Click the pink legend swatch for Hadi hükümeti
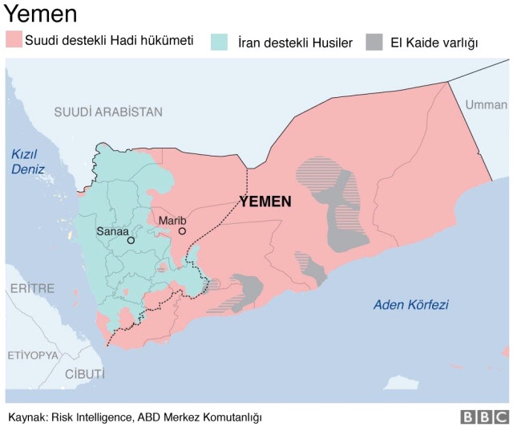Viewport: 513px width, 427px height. point(14,39)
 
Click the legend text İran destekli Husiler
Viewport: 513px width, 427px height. point(295,42)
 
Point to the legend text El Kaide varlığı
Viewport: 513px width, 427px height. point(434,42)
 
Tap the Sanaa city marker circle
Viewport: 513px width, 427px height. point(131,240)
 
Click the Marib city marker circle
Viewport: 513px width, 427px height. point(183,231)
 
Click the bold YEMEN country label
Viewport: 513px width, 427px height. point(265,201)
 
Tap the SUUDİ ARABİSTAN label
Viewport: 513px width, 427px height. point(107,112)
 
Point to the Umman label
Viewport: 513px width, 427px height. point(486,104)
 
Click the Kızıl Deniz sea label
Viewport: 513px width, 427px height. point(28,161)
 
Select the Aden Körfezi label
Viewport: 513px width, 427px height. point(410,305)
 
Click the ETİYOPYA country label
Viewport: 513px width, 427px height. point(33,354)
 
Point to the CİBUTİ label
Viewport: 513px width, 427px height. point(84,373)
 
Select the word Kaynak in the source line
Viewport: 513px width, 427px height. point(26,417)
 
